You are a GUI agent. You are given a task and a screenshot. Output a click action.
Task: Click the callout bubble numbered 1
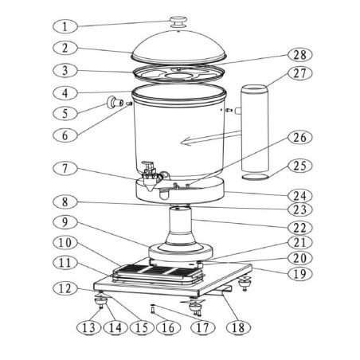tap(68, 25)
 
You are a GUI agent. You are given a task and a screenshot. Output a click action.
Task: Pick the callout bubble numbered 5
tap(68, 113)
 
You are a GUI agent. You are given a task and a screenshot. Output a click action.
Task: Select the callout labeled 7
tap(68, 170)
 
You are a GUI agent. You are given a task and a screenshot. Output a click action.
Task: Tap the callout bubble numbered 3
tap(68, 69)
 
